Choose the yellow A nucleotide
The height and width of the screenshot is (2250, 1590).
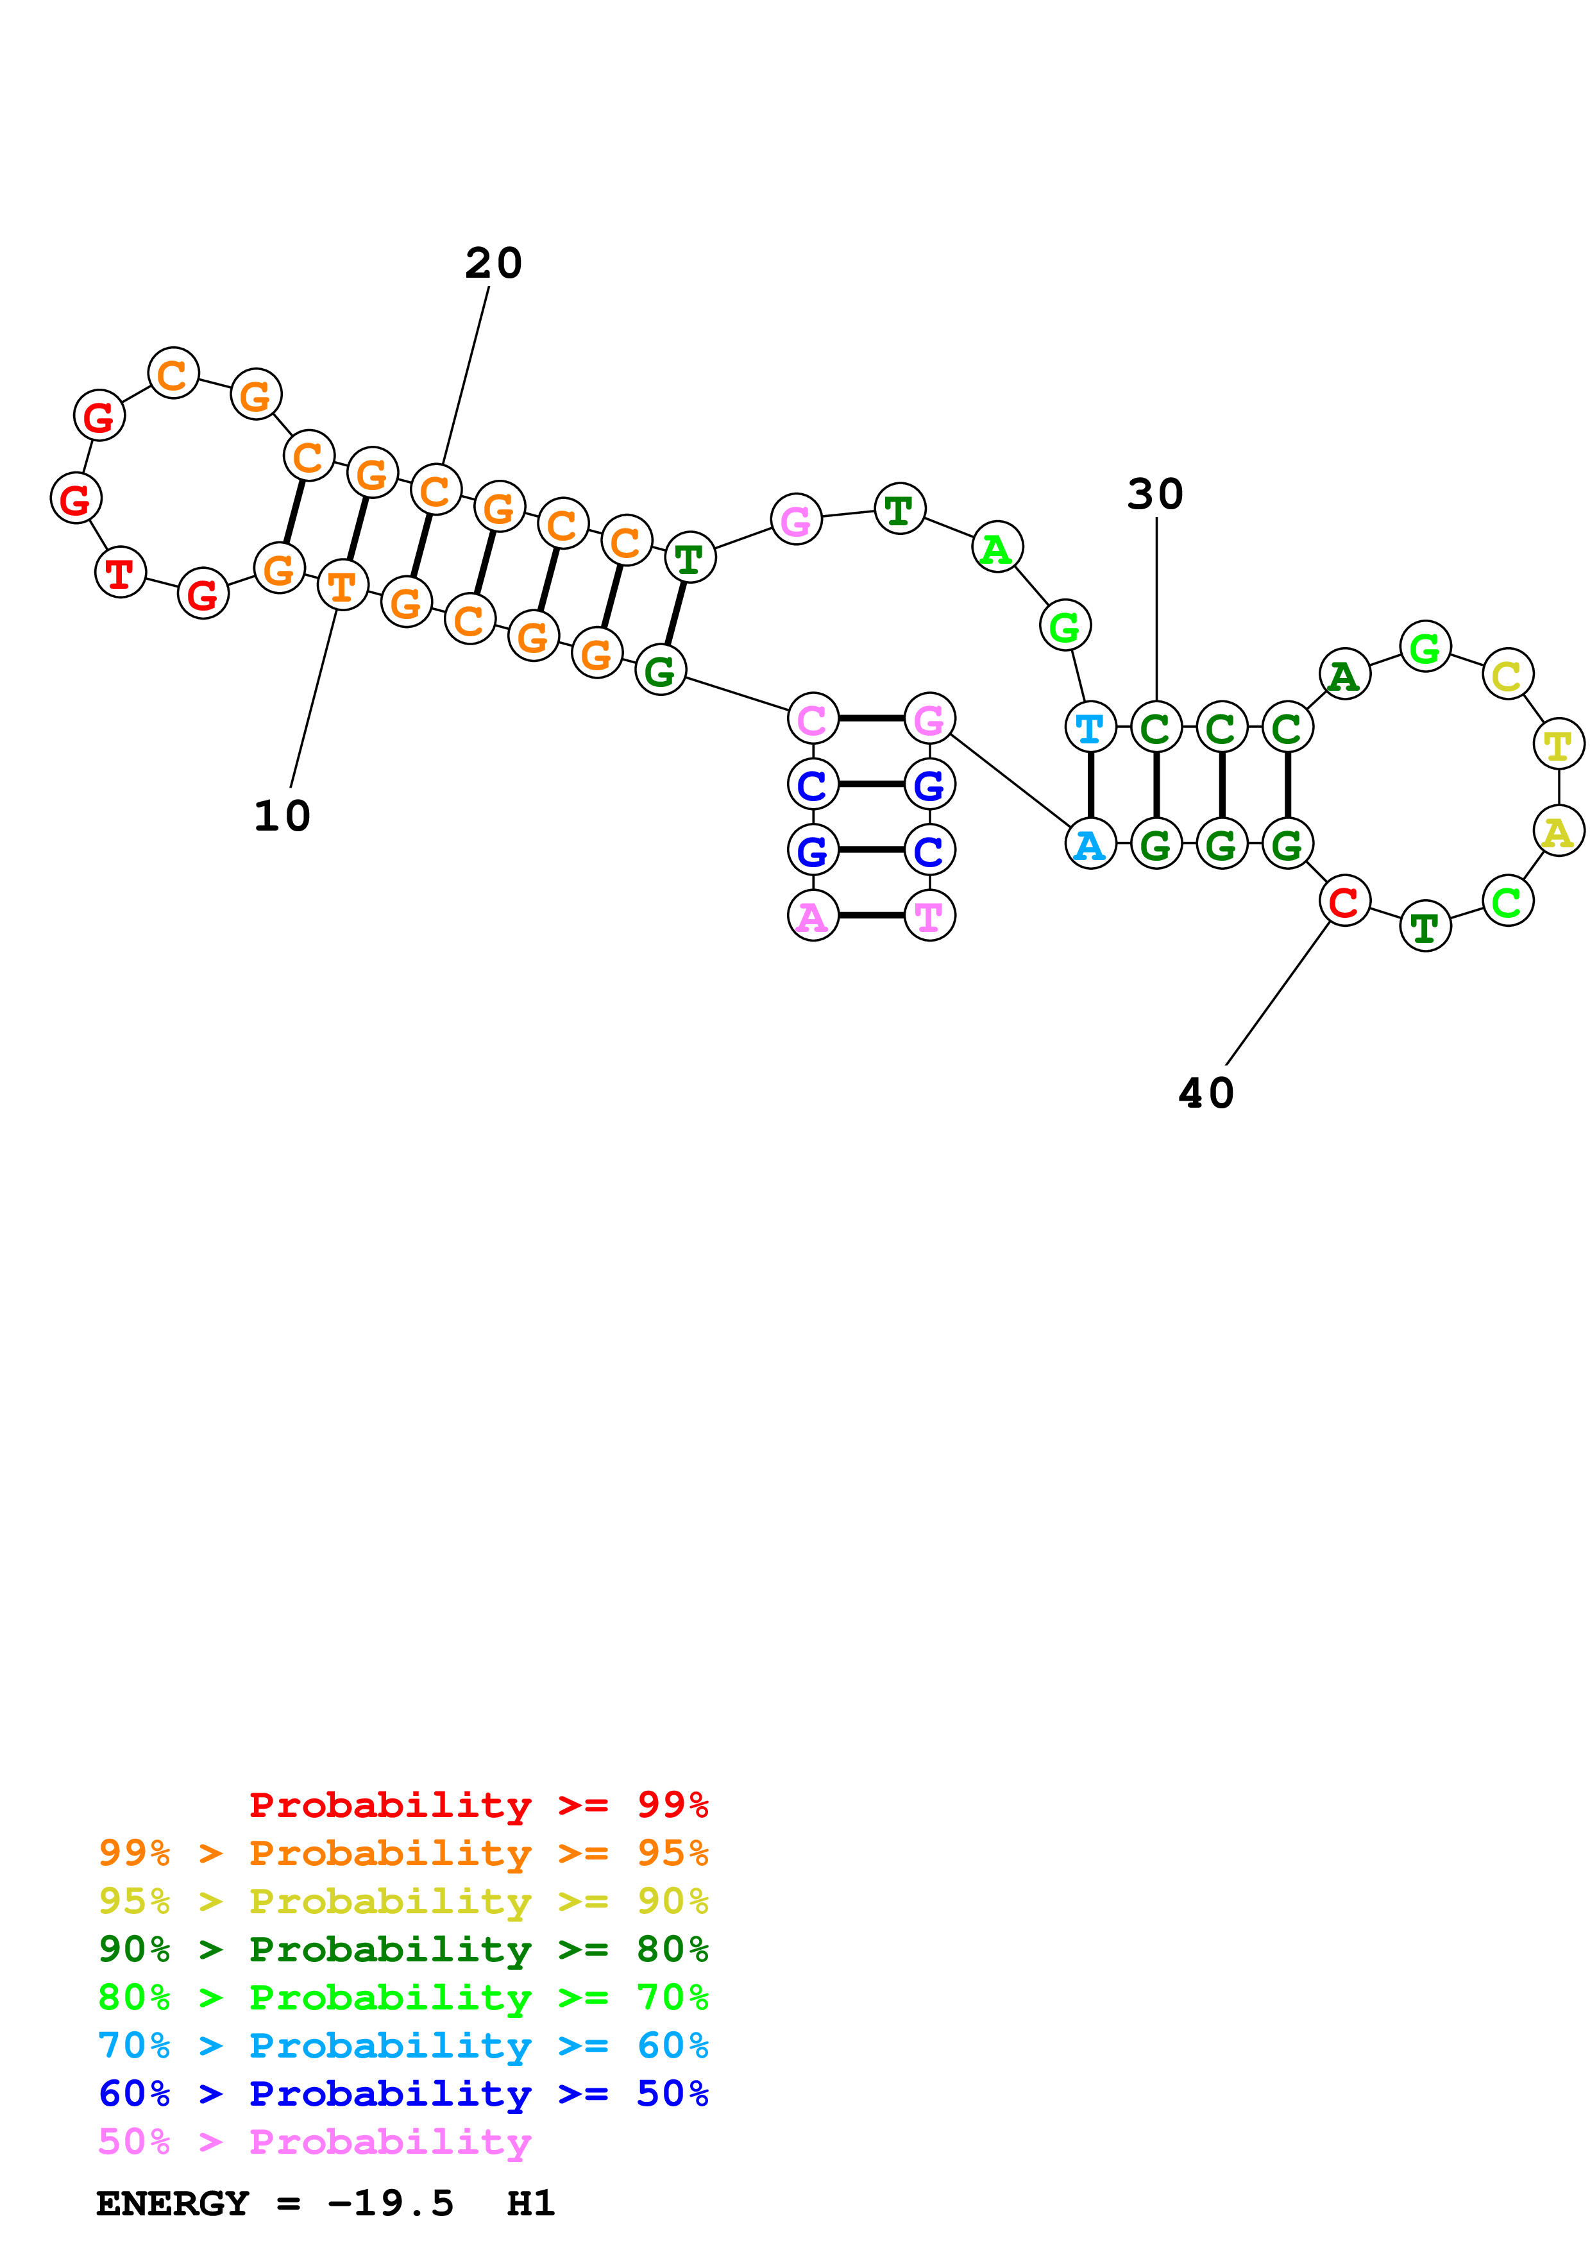pyautogui.click(x=1558, y=831)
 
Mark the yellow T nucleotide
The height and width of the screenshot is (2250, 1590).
pyautogui.click(x=1558, y=745)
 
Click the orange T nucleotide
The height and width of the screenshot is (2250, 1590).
pyautogui.click(x=342, y=586)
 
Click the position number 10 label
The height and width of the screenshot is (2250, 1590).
pyautogui.click(x=282, y=815)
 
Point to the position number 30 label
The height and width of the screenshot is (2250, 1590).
pyautogui.click(x=1155, y=494)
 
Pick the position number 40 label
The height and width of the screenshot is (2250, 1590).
pyautogui.click(x=1206, y=1094)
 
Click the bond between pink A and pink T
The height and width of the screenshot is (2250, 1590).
pyautogui.click(x=871, y=915)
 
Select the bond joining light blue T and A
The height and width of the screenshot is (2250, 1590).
pyautogui.click(x=1090, y=786)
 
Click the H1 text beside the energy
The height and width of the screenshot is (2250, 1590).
pyautogui.click(x=530, y=2204)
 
